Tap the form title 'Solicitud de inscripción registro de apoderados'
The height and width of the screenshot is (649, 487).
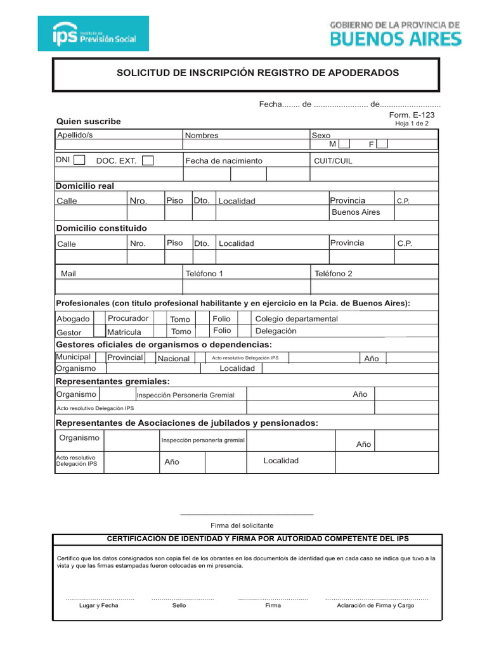pyautogui.click(x=257, y=73)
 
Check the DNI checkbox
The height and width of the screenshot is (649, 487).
pyautogui.click(x=79, y=160)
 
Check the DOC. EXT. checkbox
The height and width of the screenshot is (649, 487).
pyautogui.click(x=148, y=161)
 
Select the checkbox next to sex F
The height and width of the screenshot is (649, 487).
pyautogui.click(x=382, y=145)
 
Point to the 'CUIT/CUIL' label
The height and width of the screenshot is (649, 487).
pyautogui.click(x=333, y=161)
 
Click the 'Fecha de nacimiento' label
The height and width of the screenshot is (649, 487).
pyautogui.click(x=223, y=161)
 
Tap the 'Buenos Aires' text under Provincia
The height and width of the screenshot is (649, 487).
pyautogui.click(x=356, y=212)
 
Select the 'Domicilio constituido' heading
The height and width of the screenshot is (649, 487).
pyautogui.click(x=101, y=228)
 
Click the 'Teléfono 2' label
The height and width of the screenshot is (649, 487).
pyautogui.click(x=333, y=274)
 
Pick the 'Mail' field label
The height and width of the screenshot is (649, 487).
pyautogui.click(x=68, y=274)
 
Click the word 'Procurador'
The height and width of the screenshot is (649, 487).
pyautogui.click(x=128, y=318)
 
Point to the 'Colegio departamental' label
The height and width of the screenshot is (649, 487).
pyautogui.click(x=296, y=319)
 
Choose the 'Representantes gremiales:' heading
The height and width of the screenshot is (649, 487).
pyautogui.click(x=113, y=381)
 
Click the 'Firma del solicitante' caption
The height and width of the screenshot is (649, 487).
pyautogui.click(x=242, y=525)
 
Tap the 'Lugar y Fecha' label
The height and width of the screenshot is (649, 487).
pyautogui.click(x=98, y=605)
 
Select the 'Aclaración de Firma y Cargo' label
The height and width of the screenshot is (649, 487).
pyautogui.click(x=375, y=605)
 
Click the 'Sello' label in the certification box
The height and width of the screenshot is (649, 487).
pyautogui.click(x=179, y=605)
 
